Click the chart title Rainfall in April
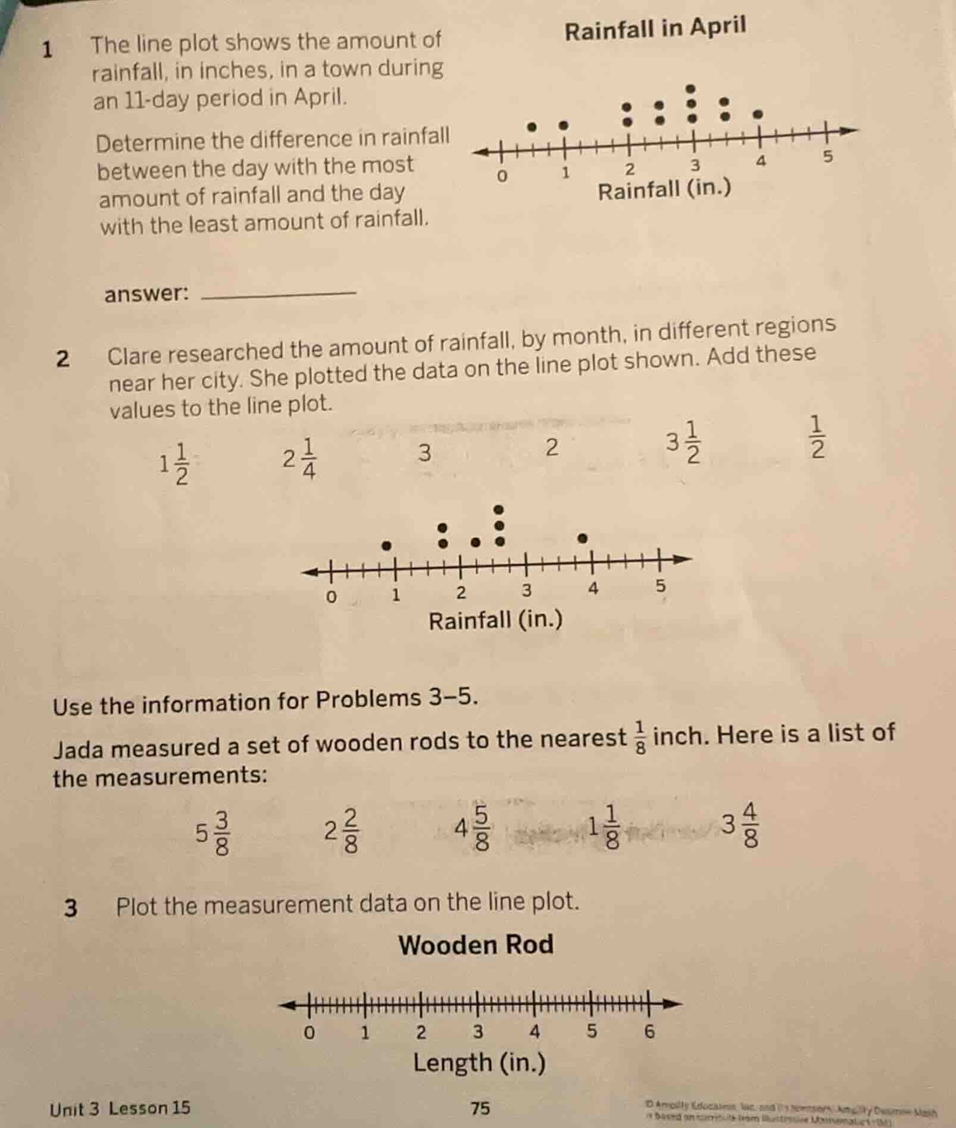tap(655, 29)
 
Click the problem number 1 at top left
tap(48, 50)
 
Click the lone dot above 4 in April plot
tap(757, 113)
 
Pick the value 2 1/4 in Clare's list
tap(300, 459)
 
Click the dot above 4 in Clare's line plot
tap(583, 538)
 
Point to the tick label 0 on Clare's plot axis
tap(332, 596)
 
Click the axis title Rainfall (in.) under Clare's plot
tap(495, 621)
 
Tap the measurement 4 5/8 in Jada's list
tap(473, 827)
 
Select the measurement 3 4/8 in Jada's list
tap(741, 825)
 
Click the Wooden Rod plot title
tap(476, 945)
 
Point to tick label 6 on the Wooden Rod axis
tap(649, 1032)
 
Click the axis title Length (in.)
tap(479, 1063)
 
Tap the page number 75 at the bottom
tap(480, 1108)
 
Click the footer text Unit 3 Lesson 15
tap(120, 1108)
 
